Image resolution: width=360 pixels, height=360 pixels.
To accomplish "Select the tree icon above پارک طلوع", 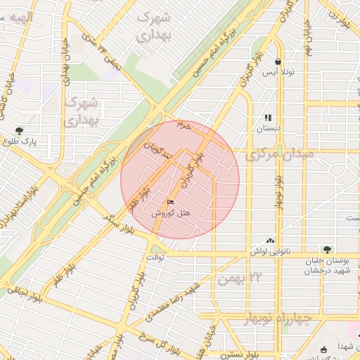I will [x=19, y=130].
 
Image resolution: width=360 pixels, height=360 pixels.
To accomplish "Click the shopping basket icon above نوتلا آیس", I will [x=278, y=62].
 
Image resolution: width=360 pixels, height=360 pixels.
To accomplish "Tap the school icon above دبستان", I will [x=267, y=118].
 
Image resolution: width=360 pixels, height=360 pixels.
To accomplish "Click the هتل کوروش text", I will [x=172, y=212].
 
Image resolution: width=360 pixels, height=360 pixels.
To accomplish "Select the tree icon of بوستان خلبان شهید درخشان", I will [x=327, y=249].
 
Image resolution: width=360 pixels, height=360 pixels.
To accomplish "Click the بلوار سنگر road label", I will [x=117, y=223].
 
